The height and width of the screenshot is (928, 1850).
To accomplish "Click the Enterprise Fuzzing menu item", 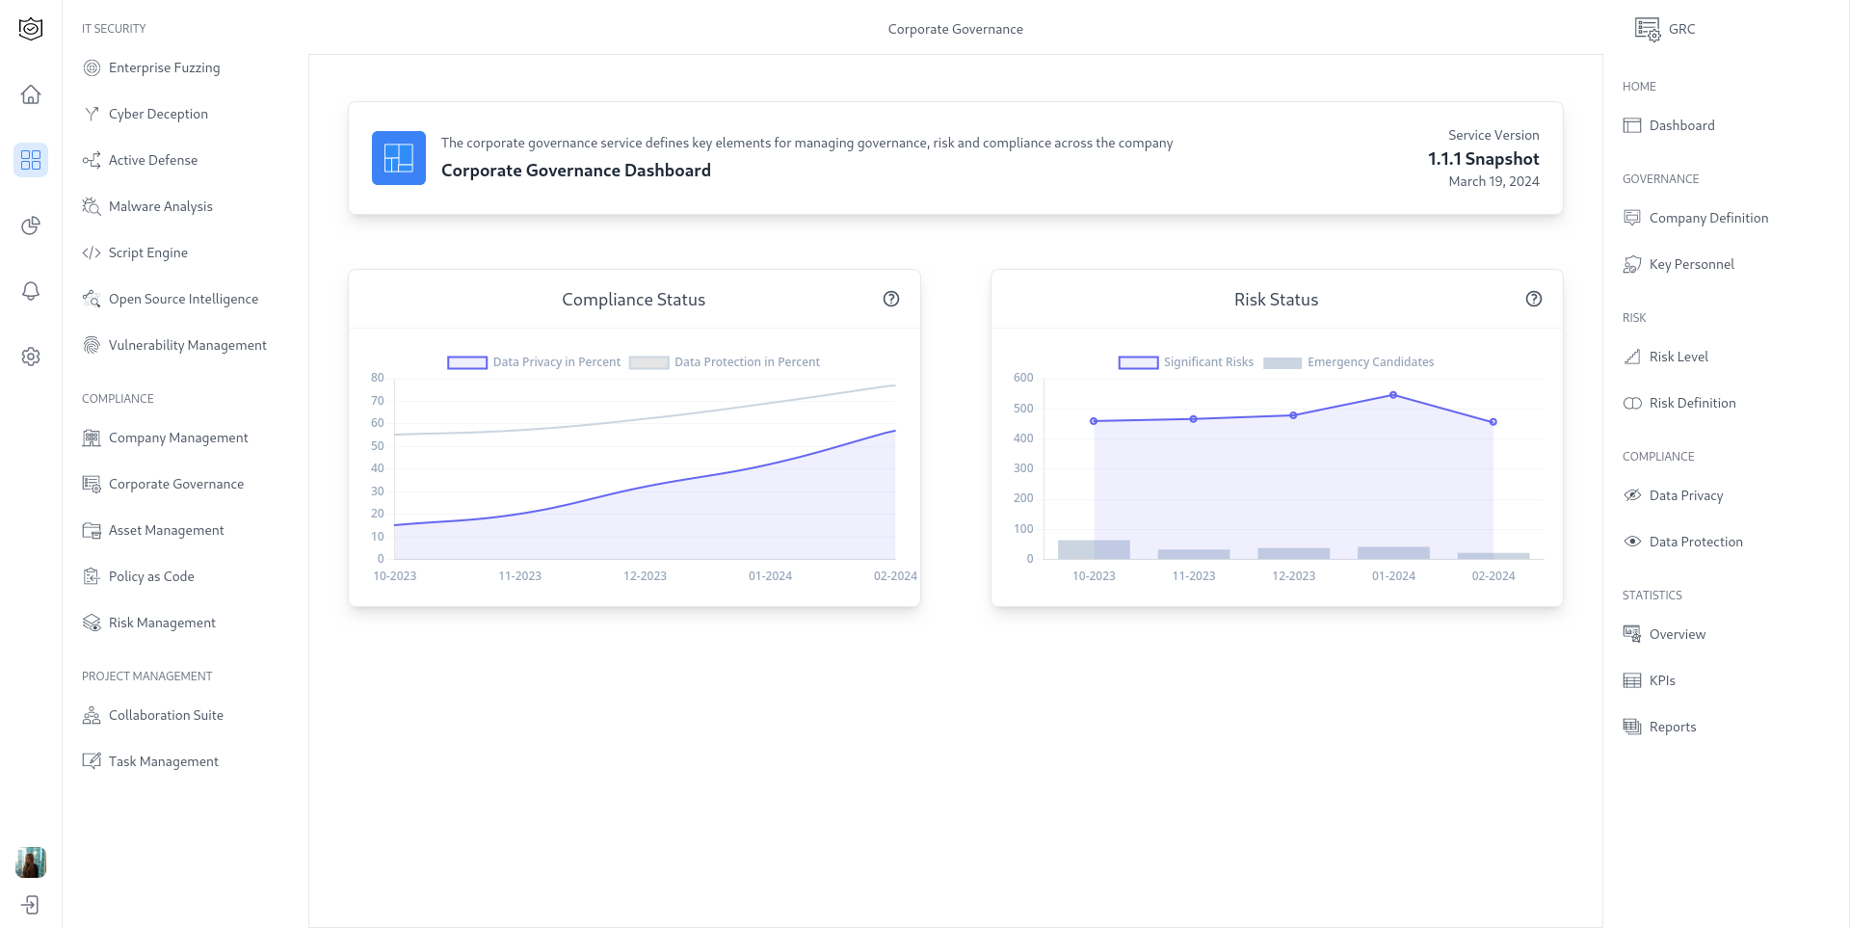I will pyautogui.click(x=164, y=67).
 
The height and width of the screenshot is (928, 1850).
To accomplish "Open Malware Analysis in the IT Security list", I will pyautogui.click(x=160, y=206).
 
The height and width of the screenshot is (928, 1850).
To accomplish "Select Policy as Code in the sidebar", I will pyautogui.click(x=151, y=576).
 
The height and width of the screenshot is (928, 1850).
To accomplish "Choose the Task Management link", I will pyautogui.click(x=163, y=761).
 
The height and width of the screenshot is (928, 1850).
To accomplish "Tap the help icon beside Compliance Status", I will pyautogui.click(x=891, y=299).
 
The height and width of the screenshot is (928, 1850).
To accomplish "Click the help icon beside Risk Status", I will pyautogui.click(x=1534, y=299).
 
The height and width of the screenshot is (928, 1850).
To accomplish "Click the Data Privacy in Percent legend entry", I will pyautogui.click(x=535, y=362).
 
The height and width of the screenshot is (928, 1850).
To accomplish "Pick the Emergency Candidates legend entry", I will pyautogui.click(x=1349, y=362).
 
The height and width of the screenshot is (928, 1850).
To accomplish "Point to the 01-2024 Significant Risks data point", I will pyautogui.click(x=1393, y=395).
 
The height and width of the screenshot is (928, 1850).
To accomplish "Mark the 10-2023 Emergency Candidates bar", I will pyautogui.click(x=1094, y=549).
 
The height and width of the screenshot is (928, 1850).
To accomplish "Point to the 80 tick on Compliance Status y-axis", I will pyautogui.click(x=378, y=378).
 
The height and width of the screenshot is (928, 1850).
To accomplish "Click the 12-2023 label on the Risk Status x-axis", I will pyautogui.click(x=1293, y=576).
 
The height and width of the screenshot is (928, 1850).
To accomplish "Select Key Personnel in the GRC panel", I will pyautogui.click(x=1691, y=264).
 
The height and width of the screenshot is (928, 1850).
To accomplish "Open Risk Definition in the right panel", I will pyautogui.click(x=1692, y=403).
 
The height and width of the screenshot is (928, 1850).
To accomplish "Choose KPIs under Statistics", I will pyautogui.click(x=1662, y=680).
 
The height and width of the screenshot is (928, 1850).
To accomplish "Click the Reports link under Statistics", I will pyautogui.click(x=1672, y=727).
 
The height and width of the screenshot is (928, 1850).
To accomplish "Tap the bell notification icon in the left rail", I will pyautogui.click(x=31, y=291).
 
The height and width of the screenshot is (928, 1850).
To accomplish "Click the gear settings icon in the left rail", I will pyautogui.click(x=31, y=357).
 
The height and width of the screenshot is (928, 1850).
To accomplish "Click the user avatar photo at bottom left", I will pyautogui.click(x=31, y=862).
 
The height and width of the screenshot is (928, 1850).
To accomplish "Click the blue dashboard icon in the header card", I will pyautogui.click(x=399, y=158).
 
